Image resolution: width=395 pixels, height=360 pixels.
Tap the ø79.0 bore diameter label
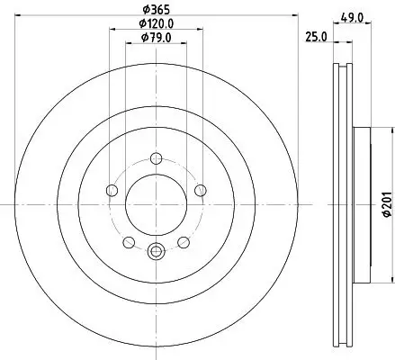coord(156,38)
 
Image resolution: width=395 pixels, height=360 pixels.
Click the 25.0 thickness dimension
coord(313,37)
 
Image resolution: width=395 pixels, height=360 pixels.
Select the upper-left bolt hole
coord(112,190)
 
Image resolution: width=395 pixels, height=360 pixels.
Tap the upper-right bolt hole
coord(199,190)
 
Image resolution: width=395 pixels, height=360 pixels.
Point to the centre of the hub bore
coord(155,204)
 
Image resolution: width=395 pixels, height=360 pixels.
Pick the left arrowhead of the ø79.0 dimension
coord(127,47)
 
